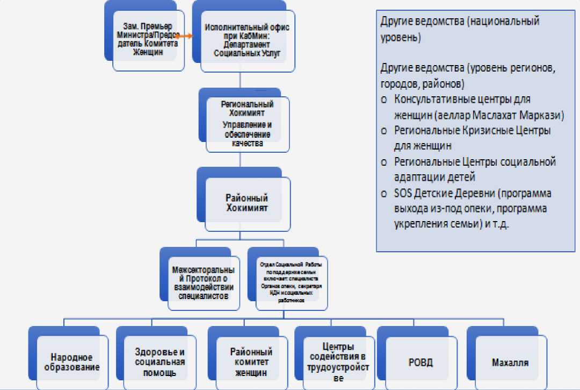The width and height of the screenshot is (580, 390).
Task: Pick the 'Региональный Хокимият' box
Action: pos(248,123)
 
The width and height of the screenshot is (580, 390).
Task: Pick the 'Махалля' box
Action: pos(510,361)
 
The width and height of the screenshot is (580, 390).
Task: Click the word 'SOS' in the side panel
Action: pos(403,194)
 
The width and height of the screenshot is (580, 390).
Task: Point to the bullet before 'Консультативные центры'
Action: pos(384,100)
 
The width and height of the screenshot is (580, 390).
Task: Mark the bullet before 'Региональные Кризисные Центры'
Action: pos(384,131)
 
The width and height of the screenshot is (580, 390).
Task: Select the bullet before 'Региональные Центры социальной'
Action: pos(384,162)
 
